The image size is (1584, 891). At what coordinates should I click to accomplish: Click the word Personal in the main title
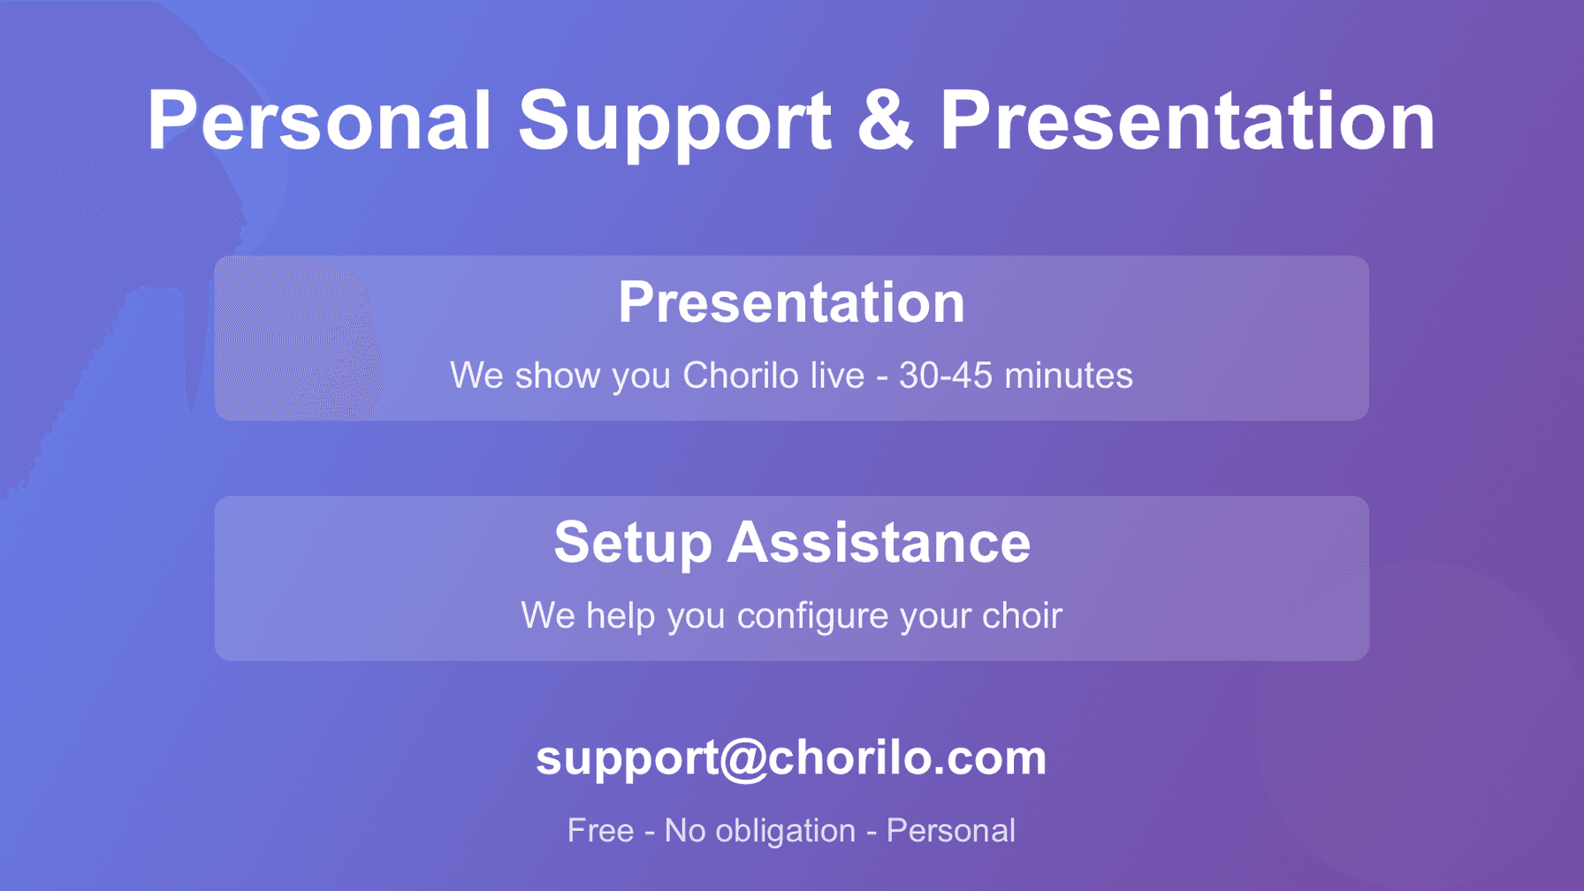click(x=318, y=121)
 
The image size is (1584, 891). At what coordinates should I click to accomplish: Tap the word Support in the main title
click(x=674, y=121)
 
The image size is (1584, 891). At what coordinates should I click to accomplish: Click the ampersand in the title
click(x=885, y=121)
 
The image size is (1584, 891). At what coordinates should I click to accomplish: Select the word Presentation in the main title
click(x=1187, y=121)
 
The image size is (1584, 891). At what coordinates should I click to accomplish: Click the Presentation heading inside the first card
click(x=791, y=302)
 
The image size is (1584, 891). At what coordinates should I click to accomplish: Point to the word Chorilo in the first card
click(x=740, y=376)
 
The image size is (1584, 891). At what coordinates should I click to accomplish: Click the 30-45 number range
click(x=946, y=376)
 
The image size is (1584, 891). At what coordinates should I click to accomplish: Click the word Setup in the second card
click(x=632, y=543)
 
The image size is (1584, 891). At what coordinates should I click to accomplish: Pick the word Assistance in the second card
click(x=879, y=543)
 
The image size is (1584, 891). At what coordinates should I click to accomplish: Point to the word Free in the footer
click(x=600, y=831)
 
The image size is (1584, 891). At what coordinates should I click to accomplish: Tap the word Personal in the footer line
click(x=950, y=831)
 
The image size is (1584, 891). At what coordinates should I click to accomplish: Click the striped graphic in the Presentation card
click(x=296, y=338)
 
